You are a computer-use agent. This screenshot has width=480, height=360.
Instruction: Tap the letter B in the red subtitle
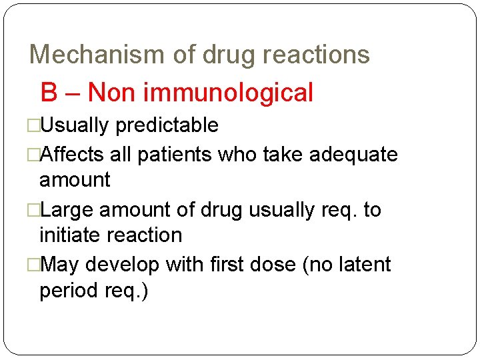click(49, 93)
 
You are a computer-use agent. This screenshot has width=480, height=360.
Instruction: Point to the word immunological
click(228, 93)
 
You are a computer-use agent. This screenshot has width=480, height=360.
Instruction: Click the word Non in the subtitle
click(112, 93)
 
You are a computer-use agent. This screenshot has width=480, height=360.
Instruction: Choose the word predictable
click(167, 125)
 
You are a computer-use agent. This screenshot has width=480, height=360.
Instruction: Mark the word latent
click(362, 265)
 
